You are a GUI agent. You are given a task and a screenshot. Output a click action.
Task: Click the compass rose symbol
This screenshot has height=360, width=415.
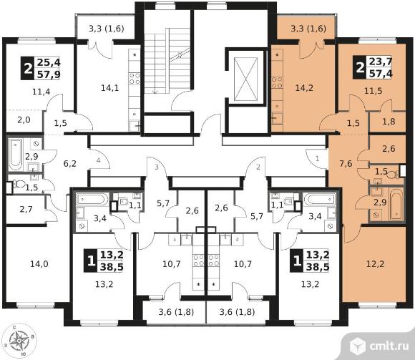[19, 341]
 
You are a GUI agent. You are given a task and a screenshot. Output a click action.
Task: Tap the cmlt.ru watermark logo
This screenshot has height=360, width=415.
[379, 346]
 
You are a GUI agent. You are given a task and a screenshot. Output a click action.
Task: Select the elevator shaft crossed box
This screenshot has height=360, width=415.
[245, 79]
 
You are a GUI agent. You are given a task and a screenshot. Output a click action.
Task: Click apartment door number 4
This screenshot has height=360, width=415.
[99, 160]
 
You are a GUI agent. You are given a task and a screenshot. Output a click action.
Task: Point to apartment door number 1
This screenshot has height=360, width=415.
[318, 159]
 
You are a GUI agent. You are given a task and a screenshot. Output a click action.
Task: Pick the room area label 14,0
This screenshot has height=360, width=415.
[39, 264]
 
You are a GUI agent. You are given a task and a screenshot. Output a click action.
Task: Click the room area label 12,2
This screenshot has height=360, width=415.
[376, 264]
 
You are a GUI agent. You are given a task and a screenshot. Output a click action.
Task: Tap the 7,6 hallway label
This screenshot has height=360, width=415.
[346, 164]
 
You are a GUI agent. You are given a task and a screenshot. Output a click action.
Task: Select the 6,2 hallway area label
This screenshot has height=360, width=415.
[70, 164]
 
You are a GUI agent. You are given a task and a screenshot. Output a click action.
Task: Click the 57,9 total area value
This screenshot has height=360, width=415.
[49, 74]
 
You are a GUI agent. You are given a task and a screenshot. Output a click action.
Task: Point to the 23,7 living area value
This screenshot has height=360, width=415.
[381, 62]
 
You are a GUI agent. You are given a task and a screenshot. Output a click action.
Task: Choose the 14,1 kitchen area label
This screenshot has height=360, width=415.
[110, 87]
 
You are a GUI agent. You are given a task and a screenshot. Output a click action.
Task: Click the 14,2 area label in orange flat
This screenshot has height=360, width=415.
[304, 87]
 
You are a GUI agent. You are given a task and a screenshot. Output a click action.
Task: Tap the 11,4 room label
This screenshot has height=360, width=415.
[41, 92]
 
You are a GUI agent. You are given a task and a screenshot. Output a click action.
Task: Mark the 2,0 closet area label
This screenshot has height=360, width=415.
[24, 120]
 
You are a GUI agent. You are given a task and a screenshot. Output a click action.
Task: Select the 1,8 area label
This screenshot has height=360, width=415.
[389, 122]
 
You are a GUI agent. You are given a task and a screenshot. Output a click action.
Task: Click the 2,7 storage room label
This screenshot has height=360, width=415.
[26, 210]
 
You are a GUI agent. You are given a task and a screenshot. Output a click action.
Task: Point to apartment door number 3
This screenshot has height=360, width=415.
[157, 167]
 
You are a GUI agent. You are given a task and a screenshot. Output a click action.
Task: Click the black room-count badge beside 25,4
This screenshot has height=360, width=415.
[27, 69]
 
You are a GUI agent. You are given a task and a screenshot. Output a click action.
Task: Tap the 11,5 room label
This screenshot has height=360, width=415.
[373, 91]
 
